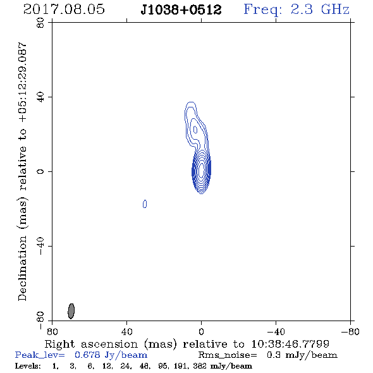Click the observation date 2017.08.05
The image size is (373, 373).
(x=64, y=9)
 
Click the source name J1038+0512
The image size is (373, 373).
(x=181, y=10)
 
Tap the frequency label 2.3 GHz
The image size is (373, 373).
(x=320, y=9)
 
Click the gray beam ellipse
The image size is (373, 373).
(x=71, y=311)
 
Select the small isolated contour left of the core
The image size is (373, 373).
(x=145, y=204)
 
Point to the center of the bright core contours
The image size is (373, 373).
(x=201, y=170)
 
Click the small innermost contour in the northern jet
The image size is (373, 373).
(x=195, y=130)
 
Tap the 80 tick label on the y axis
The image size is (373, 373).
(x=40, y=23)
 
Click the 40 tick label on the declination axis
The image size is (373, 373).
(x=40, y=97)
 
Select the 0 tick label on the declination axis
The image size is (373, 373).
(x=40, y=171)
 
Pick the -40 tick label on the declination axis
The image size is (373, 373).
(x=40, y=246)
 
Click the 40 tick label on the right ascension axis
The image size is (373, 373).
(x=126, y=332)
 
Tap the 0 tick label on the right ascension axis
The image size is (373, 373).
(x=201, y=332)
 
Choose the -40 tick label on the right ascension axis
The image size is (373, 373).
(x=276, y=332)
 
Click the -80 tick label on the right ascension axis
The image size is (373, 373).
(x=350, y=332)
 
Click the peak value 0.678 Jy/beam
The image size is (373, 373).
(x=111, y=355)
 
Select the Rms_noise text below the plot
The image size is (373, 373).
(x=228, y=355)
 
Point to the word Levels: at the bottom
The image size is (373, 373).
(x=28, y=365)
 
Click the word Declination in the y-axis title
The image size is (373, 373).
(x=22, y=268)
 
